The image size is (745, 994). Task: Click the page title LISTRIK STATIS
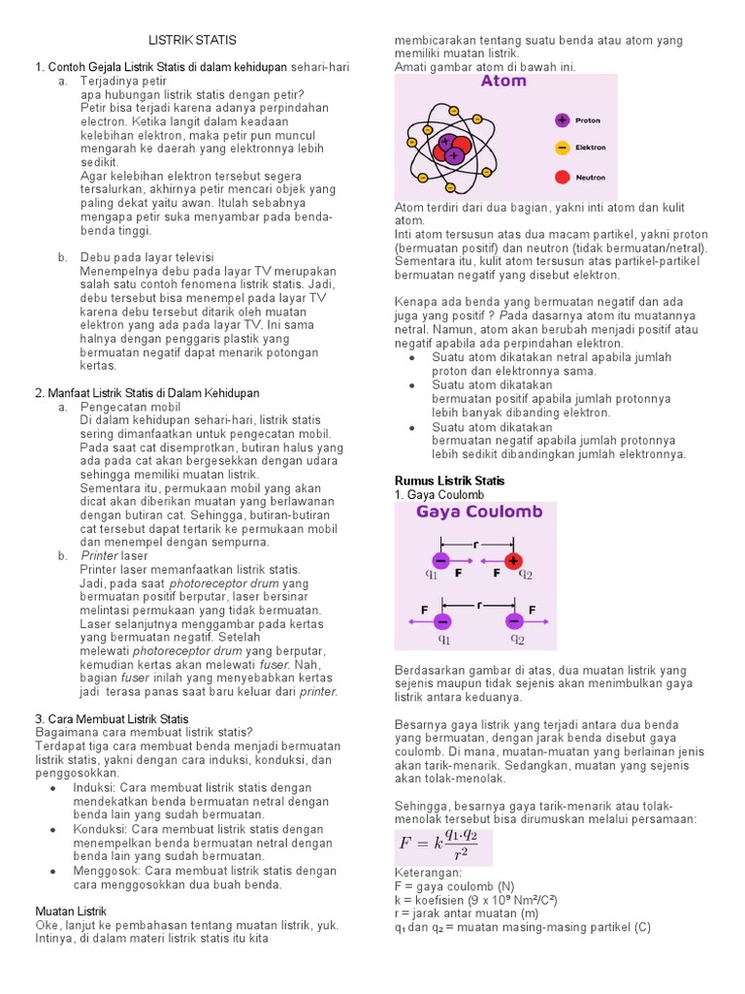(x=191, y=40)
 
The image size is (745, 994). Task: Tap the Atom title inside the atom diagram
(x=503, y=82)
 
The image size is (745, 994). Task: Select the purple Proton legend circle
(x=562, y=120)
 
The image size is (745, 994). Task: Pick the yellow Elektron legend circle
(x=562, y=149)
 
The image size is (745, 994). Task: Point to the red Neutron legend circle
(x=562, y=177)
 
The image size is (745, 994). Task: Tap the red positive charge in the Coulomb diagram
(x=513, y=560)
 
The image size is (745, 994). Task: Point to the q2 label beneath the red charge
(x=525, y=574)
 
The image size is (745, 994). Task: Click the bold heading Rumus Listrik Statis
(x=449, y=480)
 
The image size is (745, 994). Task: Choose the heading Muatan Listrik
(x=71, y=911)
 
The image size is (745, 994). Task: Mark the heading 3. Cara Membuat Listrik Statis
(x=112, y=718)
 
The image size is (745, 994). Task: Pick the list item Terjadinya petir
(x=124, y=82)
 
